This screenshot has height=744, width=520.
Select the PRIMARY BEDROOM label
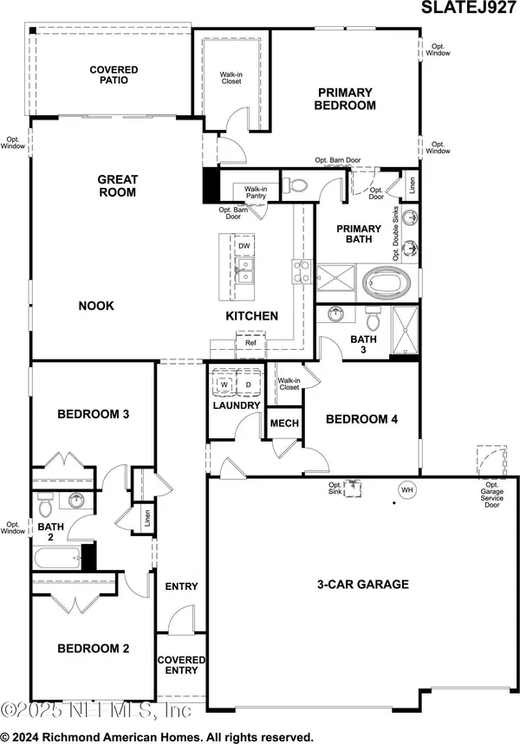pos(346,99)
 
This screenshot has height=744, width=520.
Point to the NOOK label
pos(95,306)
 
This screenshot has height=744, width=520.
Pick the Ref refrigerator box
pos(250,343)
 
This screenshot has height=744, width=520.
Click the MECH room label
pos(284,424)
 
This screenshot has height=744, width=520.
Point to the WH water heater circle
pos(406,490)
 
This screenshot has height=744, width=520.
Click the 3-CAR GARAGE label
pos(362,584)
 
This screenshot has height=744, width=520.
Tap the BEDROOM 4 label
pos(361,419)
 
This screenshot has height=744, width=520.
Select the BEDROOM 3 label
pos(93,414)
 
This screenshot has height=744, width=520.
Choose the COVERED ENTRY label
pos(181,665)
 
